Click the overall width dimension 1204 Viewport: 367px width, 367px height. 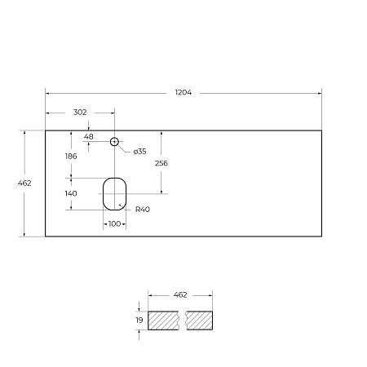coord(183,93)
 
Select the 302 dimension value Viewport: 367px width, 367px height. coord(80,113)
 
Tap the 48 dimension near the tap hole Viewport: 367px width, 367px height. coord(89,136)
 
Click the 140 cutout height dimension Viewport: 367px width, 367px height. coord(71,193)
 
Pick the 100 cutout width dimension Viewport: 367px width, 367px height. coord(114,223)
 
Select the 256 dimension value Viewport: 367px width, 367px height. coord(161,163)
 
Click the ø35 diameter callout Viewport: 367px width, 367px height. coord(139,151)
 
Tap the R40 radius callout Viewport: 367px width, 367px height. coord(143,210)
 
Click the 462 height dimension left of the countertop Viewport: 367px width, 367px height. coord(24,183)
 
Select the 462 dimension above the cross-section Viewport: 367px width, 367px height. coord(180,295)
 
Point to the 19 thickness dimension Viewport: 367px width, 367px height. coord(139,321)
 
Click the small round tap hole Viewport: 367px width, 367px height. coord(115,141)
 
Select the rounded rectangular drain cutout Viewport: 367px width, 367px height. coord(115,192)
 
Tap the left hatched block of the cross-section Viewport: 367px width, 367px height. coord(166,321)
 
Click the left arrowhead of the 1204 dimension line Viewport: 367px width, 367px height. coord(47,93)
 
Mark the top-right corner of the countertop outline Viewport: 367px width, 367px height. coord(322,129)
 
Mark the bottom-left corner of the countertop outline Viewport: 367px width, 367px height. coord(45,237)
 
